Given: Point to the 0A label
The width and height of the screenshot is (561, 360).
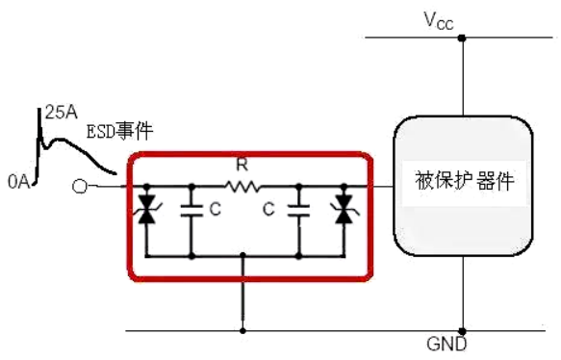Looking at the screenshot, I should coord(18,179).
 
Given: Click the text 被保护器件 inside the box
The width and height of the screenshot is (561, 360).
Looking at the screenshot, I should coord(465,182).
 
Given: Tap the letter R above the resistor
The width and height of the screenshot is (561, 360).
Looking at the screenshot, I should coord(242,165).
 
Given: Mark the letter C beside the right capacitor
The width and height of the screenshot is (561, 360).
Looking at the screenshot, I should coord(272,208).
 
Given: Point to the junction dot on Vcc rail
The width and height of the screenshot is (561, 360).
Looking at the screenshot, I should coord(463,39).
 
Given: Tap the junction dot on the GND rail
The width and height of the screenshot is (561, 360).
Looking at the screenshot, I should coord(463,328).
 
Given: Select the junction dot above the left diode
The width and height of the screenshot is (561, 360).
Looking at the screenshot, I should coord(145,187).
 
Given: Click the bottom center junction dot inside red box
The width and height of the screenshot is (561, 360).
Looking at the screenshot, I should coord(242,256).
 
